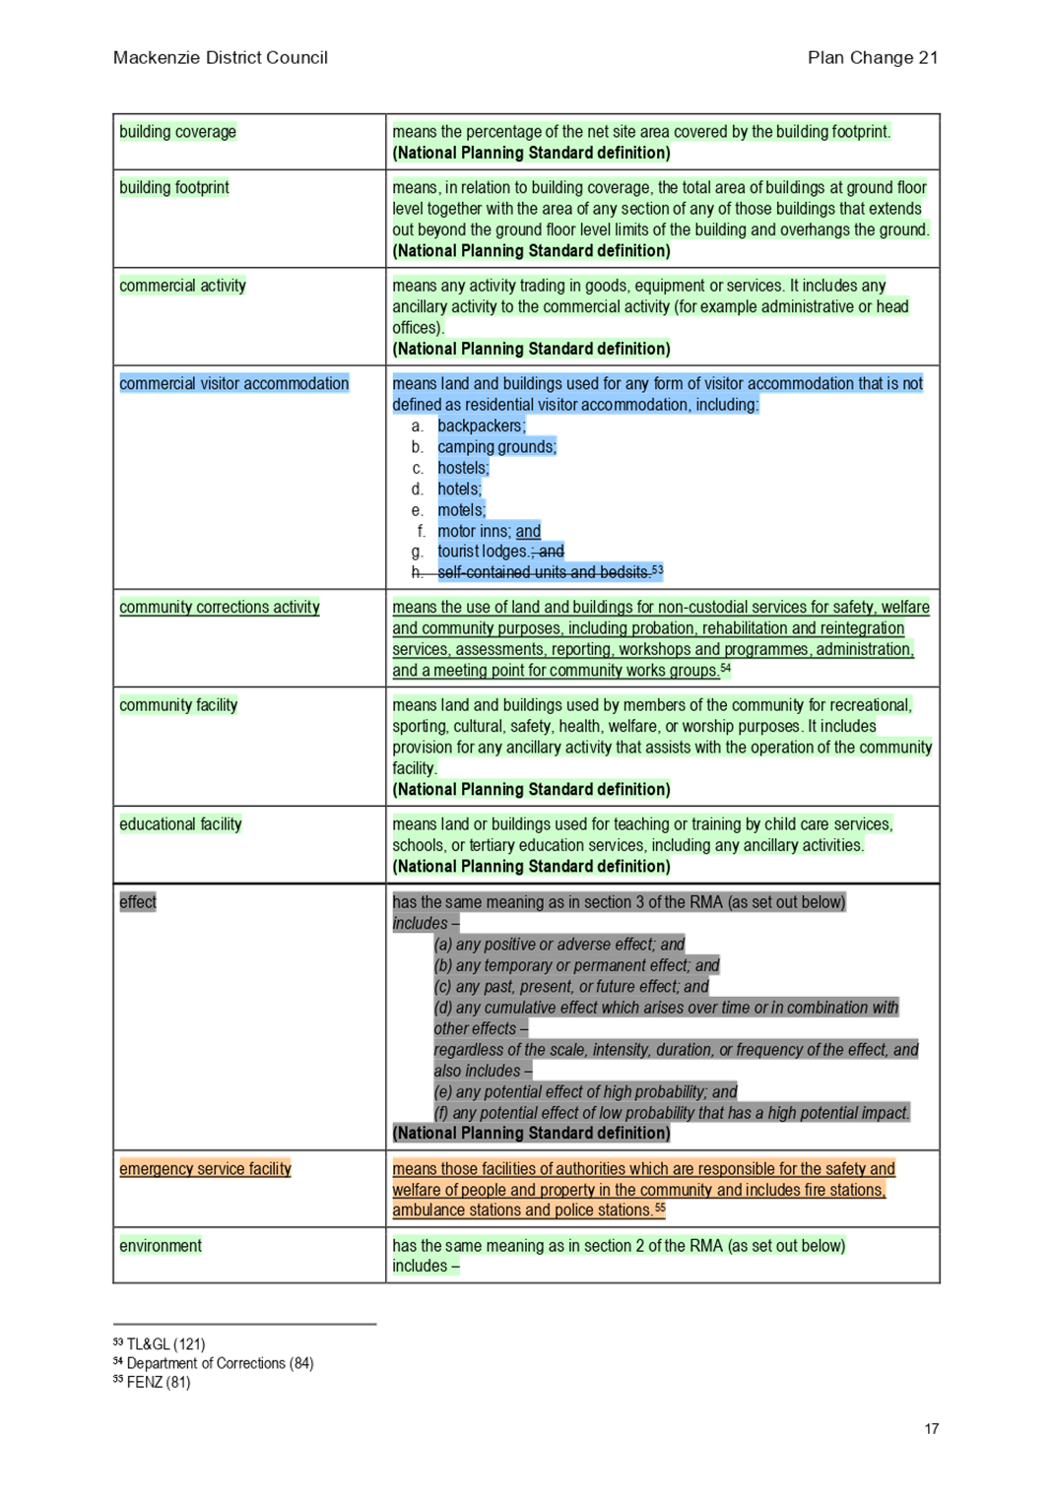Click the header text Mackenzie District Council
point(221,58)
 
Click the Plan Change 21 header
point(873,58)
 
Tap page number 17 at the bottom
point(932,1429)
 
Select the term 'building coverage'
point(178,132)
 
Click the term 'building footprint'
point(174,187)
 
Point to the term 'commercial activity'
point(182,286)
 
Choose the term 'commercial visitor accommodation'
point(234,383)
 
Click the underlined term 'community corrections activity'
point(220,607)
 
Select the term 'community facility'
point(178,705)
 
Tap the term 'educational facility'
point(180,823)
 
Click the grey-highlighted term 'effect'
point(138,902)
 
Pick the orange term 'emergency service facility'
point(206,1168)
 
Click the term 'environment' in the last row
point(161,1246)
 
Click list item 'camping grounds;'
point(497,446)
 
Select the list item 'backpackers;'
point(482,425)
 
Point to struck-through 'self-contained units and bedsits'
point(544,572)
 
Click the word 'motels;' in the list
point(461,509)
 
